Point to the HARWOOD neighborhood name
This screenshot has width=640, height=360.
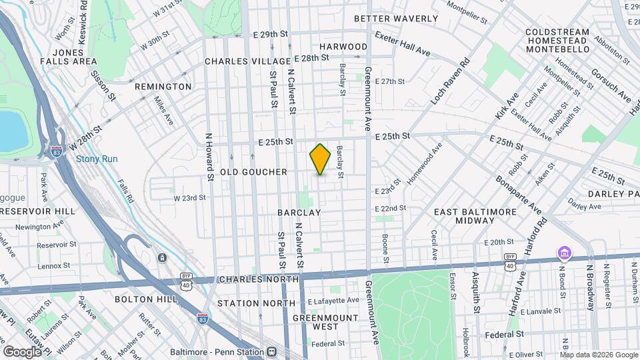343,47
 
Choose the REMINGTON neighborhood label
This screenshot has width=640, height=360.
163,87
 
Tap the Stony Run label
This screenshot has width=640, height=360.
97,159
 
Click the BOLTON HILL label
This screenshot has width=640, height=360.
146,299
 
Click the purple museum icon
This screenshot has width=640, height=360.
564,254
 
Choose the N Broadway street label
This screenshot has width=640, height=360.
589,287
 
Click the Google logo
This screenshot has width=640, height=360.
22,351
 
